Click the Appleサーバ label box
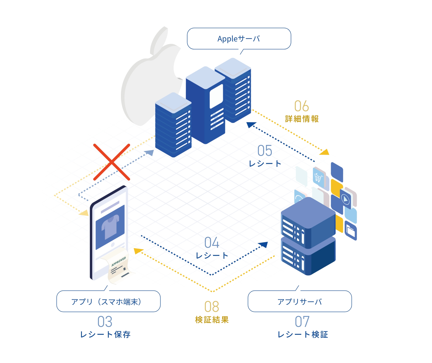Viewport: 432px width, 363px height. (239, 39)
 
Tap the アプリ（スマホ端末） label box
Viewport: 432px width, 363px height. (108, 301)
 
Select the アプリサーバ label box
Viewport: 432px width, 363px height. (299, 301)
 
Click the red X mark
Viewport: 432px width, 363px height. (112, 162)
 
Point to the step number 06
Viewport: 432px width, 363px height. (301, 106)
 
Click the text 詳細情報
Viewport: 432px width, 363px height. (302, 119)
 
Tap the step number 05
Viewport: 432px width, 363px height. (265, 151)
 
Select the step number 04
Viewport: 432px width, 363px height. (212, 243)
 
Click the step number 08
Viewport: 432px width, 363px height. (212, 307)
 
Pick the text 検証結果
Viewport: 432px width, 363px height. (212, 320)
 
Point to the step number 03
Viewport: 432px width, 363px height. (105, 322)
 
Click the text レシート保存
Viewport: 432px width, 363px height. (105, 334)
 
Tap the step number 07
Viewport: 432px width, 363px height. (302, 322)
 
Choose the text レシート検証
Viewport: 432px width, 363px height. (303, 334)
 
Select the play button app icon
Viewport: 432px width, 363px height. (346, 199)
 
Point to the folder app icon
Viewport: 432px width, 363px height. (350, 231)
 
